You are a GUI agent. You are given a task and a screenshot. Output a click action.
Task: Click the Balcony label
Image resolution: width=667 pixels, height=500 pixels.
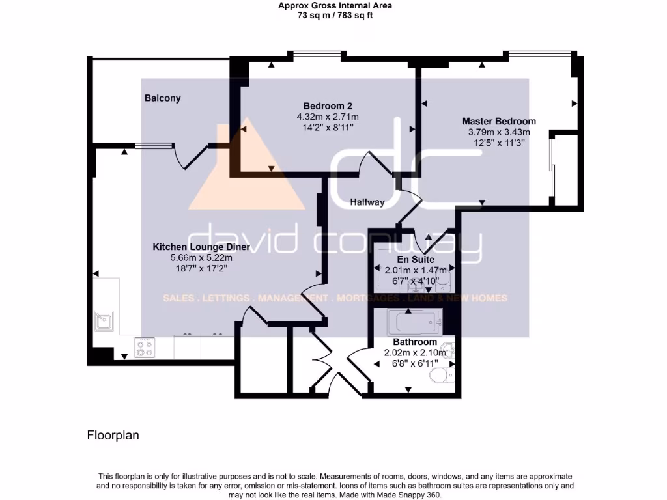click(162, 98)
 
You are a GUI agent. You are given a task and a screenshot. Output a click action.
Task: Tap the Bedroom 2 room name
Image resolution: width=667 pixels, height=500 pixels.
click(328, 106)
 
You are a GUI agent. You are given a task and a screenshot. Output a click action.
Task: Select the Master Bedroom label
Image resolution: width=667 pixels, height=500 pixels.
click(499, 121)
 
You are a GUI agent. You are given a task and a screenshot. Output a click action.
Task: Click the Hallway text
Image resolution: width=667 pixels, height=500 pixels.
click(367, 202)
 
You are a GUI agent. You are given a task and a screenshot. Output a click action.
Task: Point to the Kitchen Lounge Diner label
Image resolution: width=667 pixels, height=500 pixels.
click(201, 247)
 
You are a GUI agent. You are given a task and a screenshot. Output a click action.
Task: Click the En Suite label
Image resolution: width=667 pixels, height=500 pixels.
click(416, 260)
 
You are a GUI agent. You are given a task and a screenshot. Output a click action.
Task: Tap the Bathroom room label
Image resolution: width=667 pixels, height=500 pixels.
click(415, 342)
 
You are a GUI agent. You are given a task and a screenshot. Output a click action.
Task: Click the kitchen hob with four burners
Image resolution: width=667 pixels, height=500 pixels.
click(145, 348)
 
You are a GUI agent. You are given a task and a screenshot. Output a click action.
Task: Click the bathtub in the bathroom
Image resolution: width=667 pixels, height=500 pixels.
click(414, 322)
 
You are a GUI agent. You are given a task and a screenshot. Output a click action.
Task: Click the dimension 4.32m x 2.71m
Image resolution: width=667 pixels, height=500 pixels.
click(328, 117)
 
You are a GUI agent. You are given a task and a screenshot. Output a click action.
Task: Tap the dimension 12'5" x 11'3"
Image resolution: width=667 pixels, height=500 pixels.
click(499, 143)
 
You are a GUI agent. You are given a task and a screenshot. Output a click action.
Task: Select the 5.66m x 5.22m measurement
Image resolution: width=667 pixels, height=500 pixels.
click(201, 258)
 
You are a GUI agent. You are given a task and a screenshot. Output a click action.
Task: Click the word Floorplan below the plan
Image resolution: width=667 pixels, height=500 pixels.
click(113, 435)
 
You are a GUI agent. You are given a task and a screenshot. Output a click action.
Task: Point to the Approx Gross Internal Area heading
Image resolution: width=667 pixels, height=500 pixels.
click(335, 6)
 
